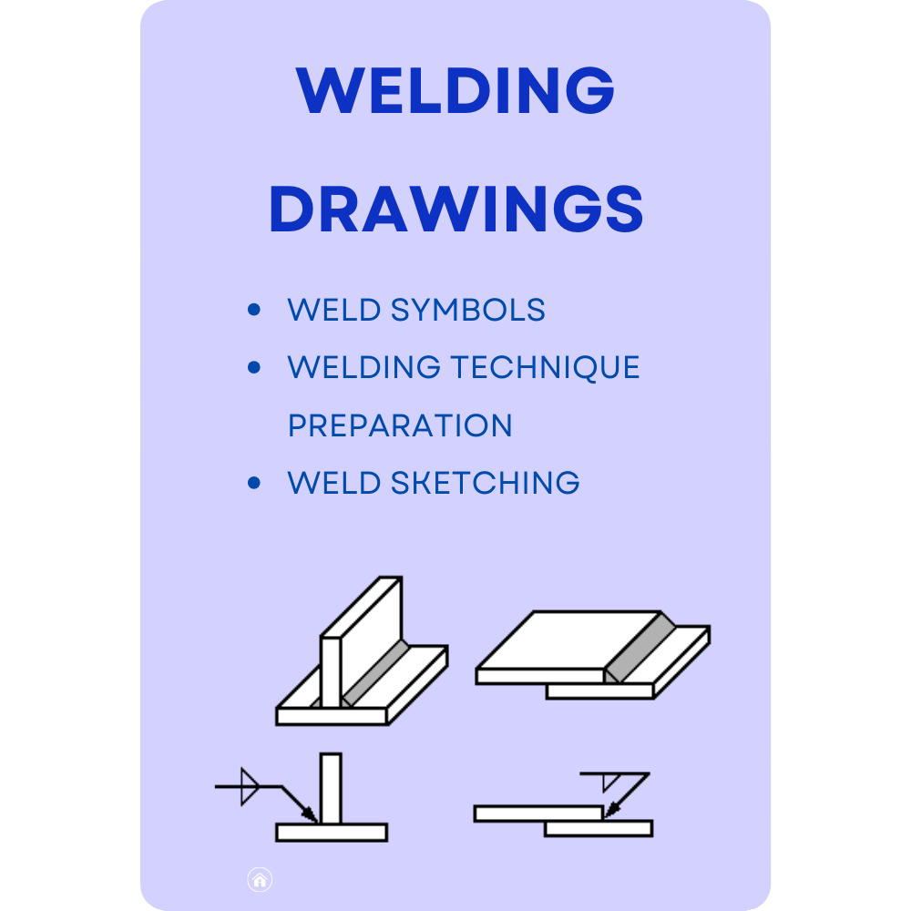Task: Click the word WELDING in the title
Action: (x=455, y=89)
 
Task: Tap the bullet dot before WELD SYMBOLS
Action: (x=254, y=311)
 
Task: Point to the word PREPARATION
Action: (x=400, y=425)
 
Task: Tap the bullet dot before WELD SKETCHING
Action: (x=254, y=483)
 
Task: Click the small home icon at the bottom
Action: (x=260, y=880)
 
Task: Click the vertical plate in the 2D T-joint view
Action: (x=332, y=783)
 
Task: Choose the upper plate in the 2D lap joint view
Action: (x=537, y=813)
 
